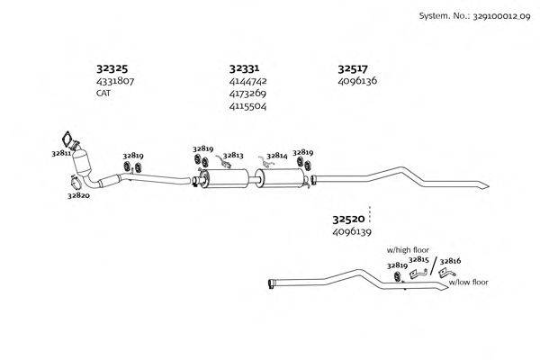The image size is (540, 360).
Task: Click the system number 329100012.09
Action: pyautogui.click(x=493, y=15)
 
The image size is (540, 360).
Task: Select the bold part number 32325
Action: pyautogui.click(x=112, y=67)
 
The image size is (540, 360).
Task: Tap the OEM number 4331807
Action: pyautogui.click(x=114, y=81)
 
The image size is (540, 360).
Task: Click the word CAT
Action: pyautogui.click(x=104, y=93)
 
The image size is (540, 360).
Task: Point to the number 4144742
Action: pyautogui.click(x=247, y=81)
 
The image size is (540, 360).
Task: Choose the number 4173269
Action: pyautogui.click(x=247, y=93)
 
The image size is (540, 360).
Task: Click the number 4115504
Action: pyautogui.click(x=247, y=105)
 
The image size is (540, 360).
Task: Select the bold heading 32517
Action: pyautogui.click(x=353, y=67)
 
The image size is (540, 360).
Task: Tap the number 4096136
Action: pyautogui.click(x=357, y=81)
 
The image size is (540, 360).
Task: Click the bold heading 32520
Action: pyautogui.click(x=348, y=219)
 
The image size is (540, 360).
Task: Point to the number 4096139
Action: pyautogui.click(x=352, y=232)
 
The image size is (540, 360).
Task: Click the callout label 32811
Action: pyautogui.click(x=61, y=154)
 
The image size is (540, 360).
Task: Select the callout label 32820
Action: pyautogui.click(x=78, y=195)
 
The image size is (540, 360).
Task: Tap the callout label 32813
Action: pyautogui.click(x=234, y=156)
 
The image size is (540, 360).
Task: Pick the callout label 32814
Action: pyautogui.click(x=276, y=156)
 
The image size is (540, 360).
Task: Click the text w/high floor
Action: pyautogui.click(x=408, y=249)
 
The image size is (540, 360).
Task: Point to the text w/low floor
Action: pyautogui.click(x=468, y=282)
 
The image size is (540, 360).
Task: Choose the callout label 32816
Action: pyautogui.click(x=450, y=261)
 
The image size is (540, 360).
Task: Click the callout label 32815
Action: pyautogui.click(x=418, y=259)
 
